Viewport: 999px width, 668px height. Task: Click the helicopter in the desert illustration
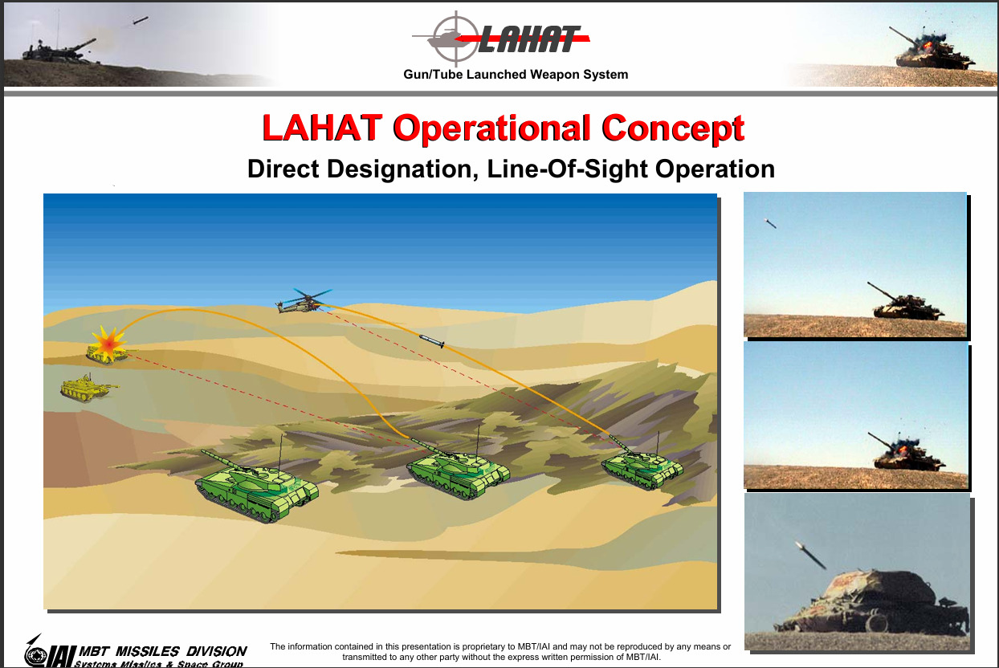[x=304, y=302]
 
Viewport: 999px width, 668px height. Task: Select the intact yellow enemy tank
[x=88, y=388]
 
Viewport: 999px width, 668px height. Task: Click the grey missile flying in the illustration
[x=431, y=341]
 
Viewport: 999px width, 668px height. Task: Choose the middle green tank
[x=458, y=470]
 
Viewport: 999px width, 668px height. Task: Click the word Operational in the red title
[x=491, y=128]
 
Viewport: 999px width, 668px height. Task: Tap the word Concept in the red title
[x=672, y=128]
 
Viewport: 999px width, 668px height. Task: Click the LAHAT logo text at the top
[x=529, y=39]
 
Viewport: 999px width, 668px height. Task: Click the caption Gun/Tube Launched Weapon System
[x=516, y=75]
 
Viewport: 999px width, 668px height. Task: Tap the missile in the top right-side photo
[x=770, y=223]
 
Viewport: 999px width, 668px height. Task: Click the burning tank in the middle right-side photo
[x=907, y=453]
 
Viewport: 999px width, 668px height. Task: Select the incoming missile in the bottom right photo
[x=810, y=555]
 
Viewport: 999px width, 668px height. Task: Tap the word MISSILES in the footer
[x=147, y=651]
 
